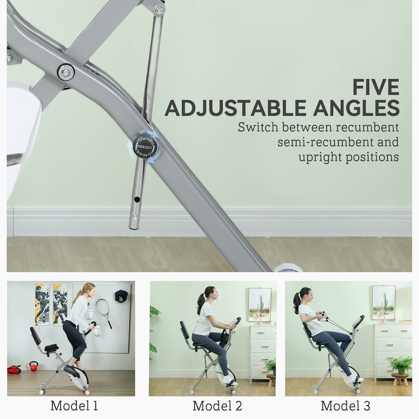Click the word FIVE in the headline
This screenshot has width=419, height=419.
pyautogui.click(x=376, y=87)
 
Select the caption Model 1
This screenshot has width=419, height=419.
pyautogui.click(x=74, y=405)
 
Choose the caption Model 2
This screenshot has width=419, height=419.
pyautogui.click(x=217, y=405)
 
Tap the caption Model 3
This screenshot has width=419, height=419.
pyautogui.click(x=345, y=405)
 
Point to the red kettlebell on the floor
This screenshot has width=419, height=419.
pyautogui.click(x=34, y=366)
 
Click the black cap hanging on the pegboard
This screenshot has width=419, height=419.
pyautogui.click(x=121, y=296)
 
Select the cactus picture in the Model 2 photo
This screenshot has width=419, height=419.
pyautogui.click(x=259, y=305)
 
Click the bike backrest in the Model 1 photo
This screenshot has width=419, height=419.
pyautogui.click(x=35, y=336)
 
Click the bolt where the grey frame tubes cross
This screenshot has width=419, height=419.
pyautogui.click(x=66, y=72)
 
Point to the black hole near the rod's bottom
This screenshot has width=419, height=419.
pyautogui.click(x=137, y=199)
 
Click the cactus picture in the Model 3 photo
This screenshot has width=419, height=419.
pyautogui.click(x=384, y=302)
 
